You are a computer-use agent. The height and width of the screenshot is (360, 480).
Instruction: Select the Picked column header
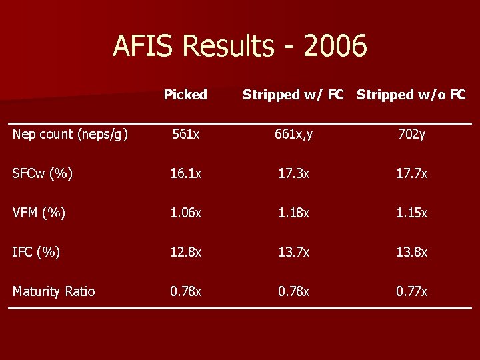185,95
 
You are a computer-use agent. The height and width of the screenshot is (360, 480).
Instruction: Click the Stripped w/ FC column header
293,95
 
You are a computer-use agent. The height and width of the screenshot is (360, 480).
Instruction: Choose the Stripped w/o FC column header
411,95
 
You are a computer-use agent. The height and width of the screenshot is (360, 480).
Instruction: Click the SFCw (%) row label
41,173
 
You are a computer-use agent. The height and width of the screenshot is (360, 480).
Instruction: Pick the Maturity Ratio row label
53,291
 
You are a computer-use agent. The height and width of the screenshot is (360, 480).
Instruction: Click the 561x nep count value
186,134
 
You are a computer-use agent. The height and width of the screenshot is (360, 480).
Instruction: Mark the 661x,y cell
293,134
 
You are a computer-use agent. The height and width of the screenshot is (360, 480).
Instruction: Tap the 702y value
412,134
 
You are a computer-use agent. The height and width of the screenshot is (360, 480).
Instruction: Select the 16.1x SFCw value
186,173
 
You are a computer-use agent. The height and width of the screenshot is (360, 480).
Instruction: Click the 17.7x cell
412,173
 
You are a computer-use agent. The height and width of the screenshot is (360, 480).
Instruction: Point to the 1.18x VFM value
293,213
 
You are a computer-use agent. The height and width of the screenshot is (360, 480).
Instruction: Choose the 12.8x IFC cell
186,252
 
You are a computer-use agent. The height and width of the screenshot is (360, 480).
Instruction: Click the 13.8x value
412,252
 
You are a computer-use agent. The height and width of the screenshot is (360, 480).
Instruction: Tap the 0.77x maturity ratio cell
412,291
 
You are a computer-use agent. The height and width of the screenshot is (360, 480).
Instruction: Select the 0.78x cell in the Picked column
186,291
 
